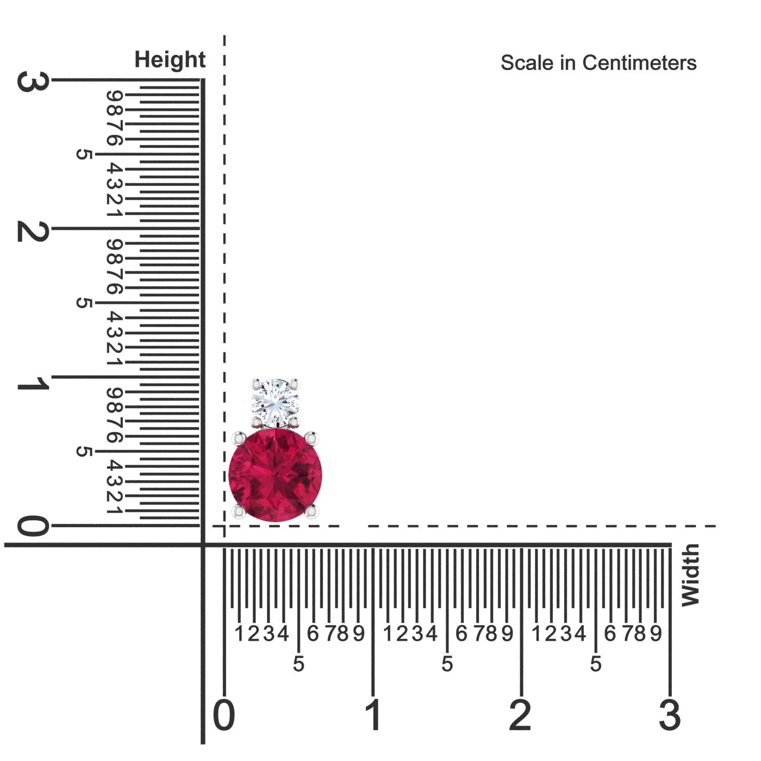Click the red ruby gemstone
point(275,476)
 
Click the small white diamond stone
point(275,403)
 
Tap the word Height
point(170,60)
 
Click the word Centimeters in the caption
point(639,63)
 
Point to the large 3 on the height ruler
point(33,82)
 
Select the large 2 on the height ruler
point(33,231)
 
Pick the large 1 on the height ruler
point(33,383)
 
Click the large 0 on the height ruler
point(33,526)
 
